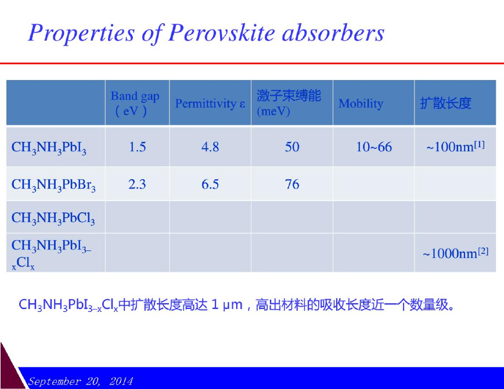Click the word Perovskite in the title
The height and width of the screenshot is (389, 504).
tap(221, 32)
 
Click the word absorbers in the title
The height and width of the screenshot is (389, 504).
tap(333, 32)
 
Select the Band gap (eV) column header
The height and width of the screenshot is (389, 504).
tap(135, 103)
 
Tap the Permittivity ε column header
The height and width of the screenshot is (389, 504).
tap(210, 104)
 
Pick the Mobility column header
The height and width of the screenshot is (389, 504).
tap(361, 103)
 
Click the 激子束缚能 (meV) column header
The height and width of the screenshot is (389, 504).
tap(289, 103)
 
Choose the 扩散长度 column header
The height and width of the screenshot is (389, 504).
tap(445, 103)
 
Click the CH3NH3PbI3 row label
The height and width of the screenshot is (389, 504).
tap(49, 148)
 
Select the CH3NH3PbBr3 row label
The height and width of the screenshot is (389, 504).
tap(53, 185)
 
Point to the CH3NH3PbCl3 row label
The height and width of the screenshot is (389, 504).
tap(53, 218)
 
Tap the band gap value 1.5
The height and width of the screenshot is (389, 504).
tap(137, 147)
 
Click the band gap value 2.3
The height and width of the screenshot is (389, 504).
tap(137, 184)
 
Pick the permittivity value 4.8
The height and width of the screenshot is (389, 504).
tap(210, 147)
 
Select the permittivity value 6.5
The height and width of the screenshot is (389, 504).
tap(210, 184)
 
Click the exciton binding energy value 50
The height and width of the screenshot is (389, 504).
tap(292, 147)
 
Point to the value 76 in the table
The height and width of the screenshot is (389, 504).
tap(292, 184)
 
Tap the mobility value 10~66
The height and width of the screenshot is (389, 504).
tap(374, 147)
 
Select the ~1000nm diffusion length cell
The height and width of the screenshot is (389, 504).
tap(455, 253)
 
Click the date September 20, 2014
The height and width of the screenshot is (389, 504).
tap(80, 381)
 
